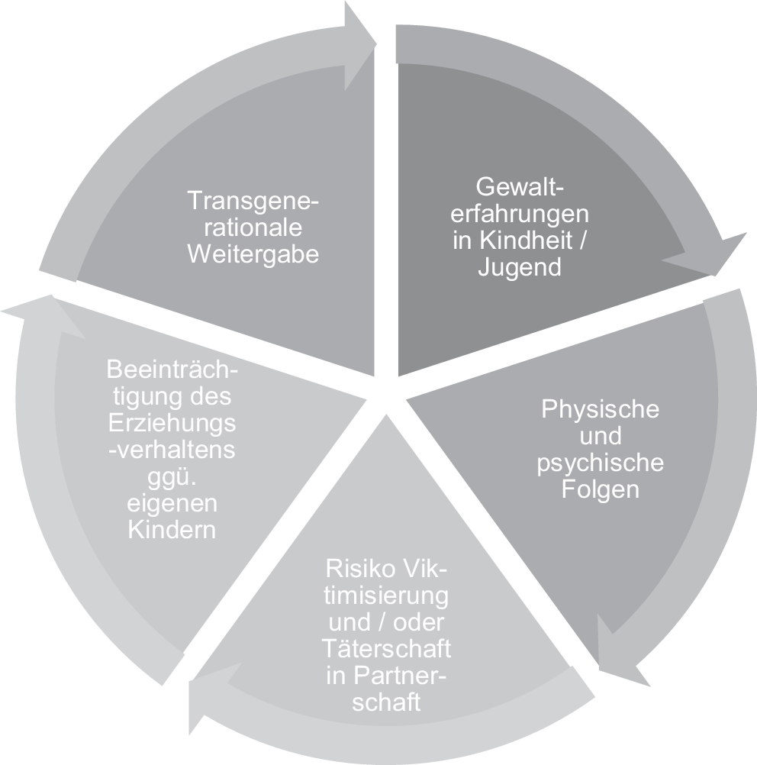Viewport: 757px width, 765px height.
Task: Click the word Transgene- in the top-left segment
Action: (x=253, y=201)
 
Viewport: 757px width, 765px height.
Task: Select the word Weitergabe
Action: (x=253, y=254)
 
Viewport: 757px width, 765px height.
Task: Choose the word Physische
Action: (x=600, y=408)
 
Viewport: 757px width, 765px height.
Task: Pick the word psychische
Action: (x=600, y=463)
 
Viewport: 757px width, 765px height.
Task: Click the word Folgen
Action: (x=600, y=489)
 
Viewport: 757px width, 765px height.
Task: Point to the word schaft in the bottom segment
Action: (x=386, y=702)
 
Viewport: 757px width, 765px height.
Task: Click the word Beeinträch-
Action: (x=172, y=370)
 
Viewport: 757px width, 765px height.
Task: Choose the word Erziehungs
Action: (x=172, y=424)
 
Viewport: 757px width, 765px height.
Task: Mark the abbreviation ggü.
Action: (x=172, y=477)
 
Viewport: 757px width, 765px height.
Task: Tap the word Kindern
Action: (x=172, y=530)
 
